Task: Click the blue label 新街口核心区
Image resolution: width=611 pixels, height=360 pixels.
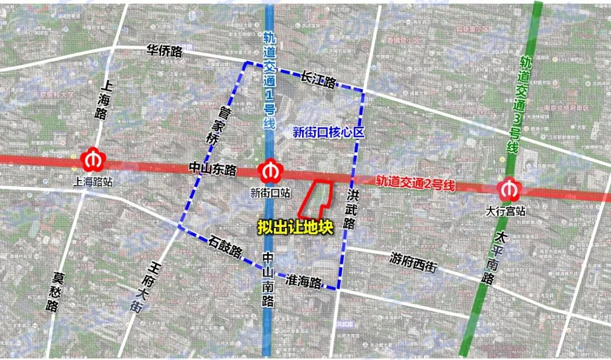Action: (328, 132)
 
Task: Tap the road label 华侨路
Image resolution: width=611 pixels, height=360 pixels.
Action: (165, 52)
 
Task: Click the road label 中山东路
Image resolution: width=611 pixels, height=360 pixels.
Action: (213, 169)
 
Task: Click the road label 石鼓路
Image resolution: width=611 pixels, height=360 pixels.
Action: (225, 246)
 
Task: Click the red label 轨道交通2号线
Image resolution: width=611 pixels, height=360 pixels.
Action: (416, 182)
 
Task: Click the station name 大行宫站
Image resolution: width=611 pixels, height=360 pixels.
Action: (506, 211)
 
